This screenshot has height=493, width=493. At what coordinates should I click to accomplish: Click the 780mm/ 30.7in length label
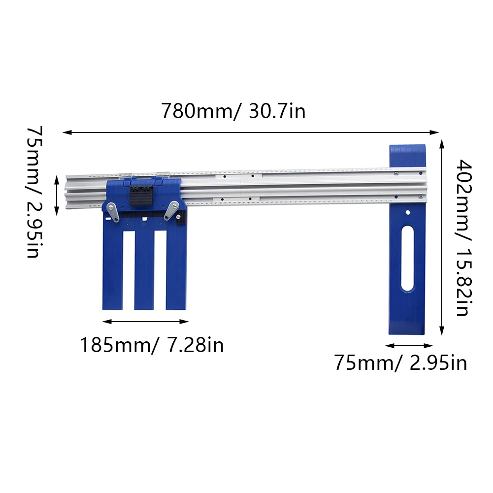(233, 111)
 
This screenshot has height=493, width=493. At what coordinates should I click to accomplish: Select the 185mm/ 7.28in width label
(152, 345)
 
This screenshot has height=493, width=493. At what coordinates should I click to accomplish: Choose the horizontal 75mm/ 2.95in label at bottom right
(400, 363)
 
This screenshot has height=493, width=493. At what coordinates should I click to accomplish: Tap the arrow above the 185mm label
(146, 322)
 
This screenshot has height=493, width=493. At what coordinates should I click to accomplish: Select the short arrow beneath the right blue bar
(409, 346)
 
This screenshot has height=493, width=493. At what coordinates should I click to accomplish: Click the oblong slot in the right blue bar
(408, 258)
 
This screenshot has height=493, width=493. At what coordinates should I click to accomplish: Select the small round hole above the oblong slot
(408, 213)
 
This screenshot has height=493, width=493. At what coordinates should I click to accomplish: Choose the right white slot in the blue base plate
(160, 270)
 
